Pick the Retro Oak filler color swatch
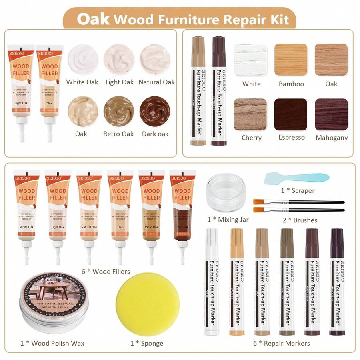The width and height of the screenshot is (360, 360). pyautogui.click(x=119, y=111)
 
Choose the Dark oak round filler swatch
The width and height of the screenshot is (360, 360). pyautogui.click(x=155, y=111)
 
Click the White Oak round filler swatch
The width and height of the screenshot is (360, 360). pyautogui.click(x=82, y=59)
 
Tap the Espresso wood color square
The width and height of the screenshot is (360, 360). pyautogui.click(x=291, y=114)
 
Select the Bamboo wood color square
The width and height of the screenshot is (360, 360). pyautogui.click(x=291, y=60)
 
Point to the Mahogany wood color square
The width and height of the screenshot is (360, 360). pyautogui.click(x=331, y=114)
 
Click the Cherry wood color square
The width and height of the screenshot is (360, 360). pyautogui.click(x=250, y=114)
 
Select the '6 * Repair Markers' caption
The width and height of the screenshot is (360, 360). pyautogui.click(x=281, y=343)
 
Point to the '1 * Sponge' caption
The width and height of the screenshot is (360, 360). pyautogui.click(x=147, y=343)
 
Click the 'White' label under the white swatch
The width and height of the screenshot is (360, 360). pyautogui.click(x=251, y=84)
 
